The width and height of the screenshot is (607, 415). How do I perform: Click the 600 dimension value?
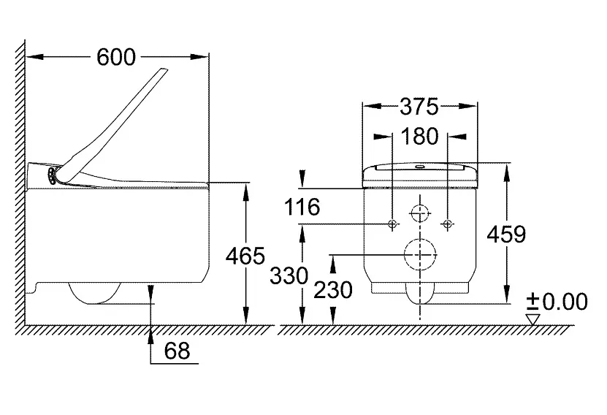click(116, 57)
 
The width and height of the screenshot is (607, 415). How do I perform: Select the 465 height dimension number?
click(245, 256)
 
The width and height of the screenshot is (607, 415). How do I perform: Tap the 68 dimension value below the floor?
click(177, 351)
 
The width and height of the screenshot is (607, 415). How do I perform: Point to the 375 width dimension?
click(419, 107)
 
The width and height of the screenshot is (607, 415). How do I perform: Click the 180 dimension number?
click(419, 137)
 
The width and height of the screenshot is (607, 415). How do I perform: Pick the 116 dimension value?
click(302, 207)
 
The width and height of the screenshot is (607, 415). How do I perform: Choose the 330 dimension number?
click(289, 276)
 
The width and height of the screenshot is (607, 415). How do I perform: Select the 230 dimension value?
click(333, 290)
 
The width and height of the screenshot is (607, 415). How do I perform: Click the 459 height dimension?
click(506, 235)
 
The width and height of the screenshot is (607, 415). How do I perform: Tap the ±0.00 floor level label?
click(557, 302)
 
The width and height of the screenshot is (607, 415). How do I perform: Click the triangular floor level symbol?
click(532, 319)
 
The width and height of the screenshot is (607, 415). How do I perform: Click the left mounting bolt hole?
click(392, 224)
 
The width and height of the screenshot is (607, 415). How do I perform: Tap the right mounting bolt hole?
click(448, 224)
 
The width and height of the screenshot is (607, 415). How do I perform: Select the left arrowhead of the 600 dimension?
click(34, 57)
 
